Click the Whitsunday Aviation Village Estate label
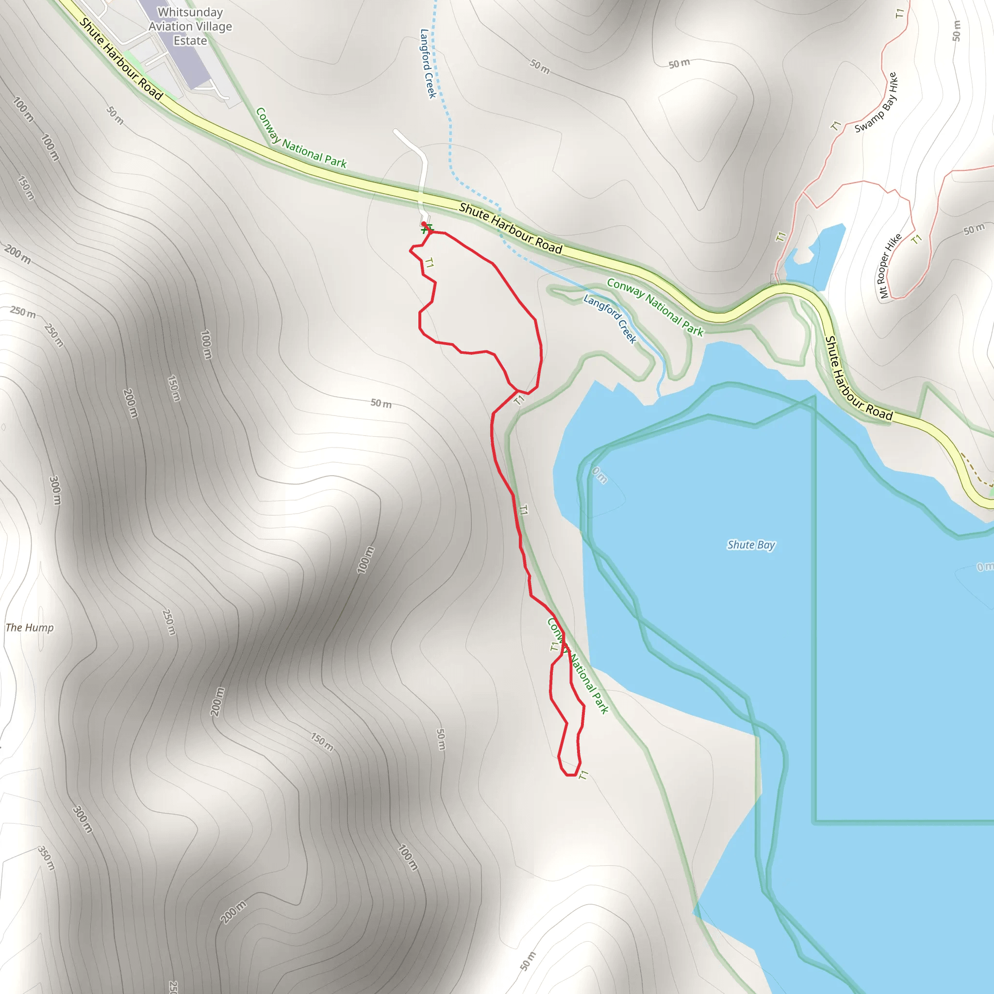click(x=190, y=26)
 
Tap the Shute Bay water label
click(x=751, y=545)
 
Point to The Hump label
click(x=29, y=628)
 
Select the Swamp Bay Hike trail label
click(x=876, y=102)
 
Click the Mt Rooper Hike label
click(x=890, y=266)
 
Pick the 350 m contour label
click(x=46, y=858)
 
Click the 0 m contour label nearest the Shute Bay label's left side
click(x=599, y=475)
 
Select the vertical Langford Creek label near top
click(x=428, y=63)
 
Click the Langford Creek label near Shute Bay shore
click(x=610, y=318)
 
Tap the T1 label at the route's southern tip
click(x=583, y=774)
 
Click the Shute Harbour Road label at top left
click(x=121, y=59)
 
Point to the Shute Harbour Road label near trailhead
click(x=511, y=229)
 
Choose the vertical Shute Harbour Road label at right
click(x=858, y=378)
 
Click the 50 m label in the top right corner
click(x=956, y=31)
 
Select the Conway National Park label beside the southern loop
click(x=578, y=666)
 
